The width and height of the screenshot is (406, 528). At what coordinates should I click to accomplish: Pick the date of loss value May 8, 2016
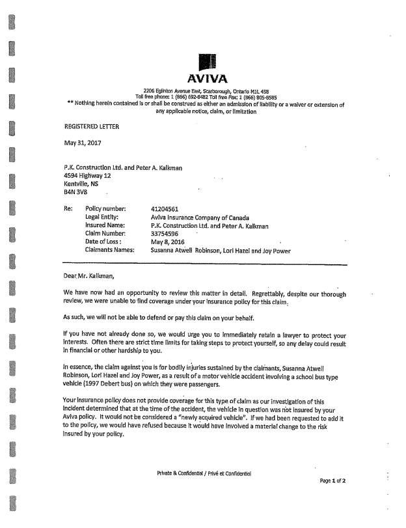(x=168, y=242)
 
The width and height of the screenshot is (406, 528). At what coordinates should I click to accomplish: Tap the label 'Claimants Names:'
(x=109, y=250)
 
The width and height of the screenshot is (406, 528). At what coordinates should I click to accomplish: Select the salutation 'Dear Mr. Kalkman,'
(x=88, y=276)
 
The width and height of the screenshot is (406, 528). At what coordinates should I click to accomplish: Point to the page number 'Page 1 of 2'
(x=332, y=480)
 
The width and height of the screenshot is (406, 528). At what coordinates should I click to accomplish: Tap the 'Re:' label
(x=68, y=209)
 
